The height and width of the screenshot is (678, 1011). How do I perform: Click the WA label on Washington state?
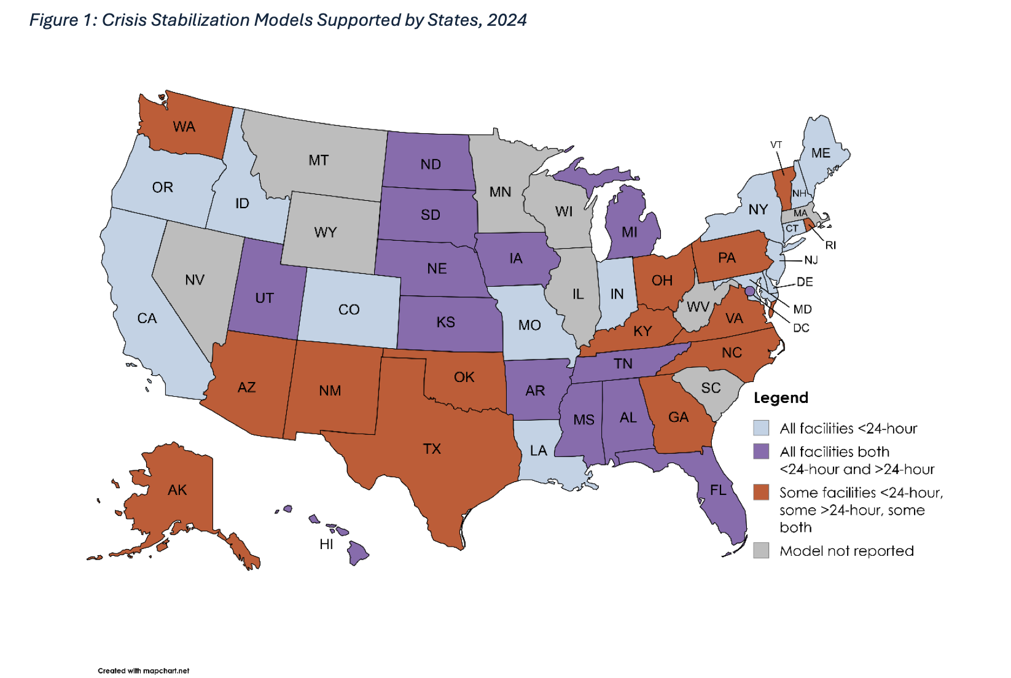point(184,127)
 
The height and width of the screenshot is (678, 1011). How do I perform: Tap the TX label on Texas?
point(432,449)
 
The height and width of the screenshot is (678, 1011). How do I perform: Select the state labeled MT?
point(318,160)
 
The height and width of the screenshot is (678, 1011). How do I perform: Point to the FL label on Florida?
point(718,490)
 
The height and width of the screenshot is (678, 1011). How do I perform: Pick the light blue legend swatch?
point(761,428)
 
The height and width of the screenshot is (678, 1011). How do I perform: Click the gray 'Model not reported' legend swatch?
point(761,551)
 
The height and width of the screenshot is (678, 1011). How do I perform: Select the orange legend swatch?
point(761,493)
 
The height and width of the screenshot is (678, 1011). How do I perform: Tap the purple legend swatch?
point(761,452)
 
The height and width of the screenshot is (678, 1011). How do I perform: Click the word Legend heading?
point(781,398)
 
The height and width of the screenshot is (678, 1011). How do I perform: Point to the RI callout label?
point(830,245)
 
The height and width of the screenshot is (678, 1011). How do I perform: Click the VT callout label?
point(776,145)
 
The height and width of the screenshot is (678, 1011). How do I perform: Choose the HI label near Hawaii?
point(326,544)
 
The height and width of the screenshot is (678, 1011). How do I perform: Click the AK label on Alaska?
point(177,490)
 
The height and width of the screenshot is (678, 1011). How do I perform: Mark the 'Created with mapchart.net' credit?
point(143,671)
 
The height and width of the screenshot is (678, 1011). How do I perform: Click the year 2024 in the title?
point(507,20)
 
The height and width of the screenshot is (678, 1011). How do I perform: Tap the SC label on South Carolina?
point(711,388)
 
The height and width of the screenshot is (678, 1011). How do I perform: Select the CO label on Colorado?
point(349,310)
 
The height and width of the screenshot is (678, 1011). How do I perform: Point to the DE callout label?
point(805,282)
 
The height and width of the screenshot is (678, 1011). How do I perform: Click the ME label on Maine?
point(821,153)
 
